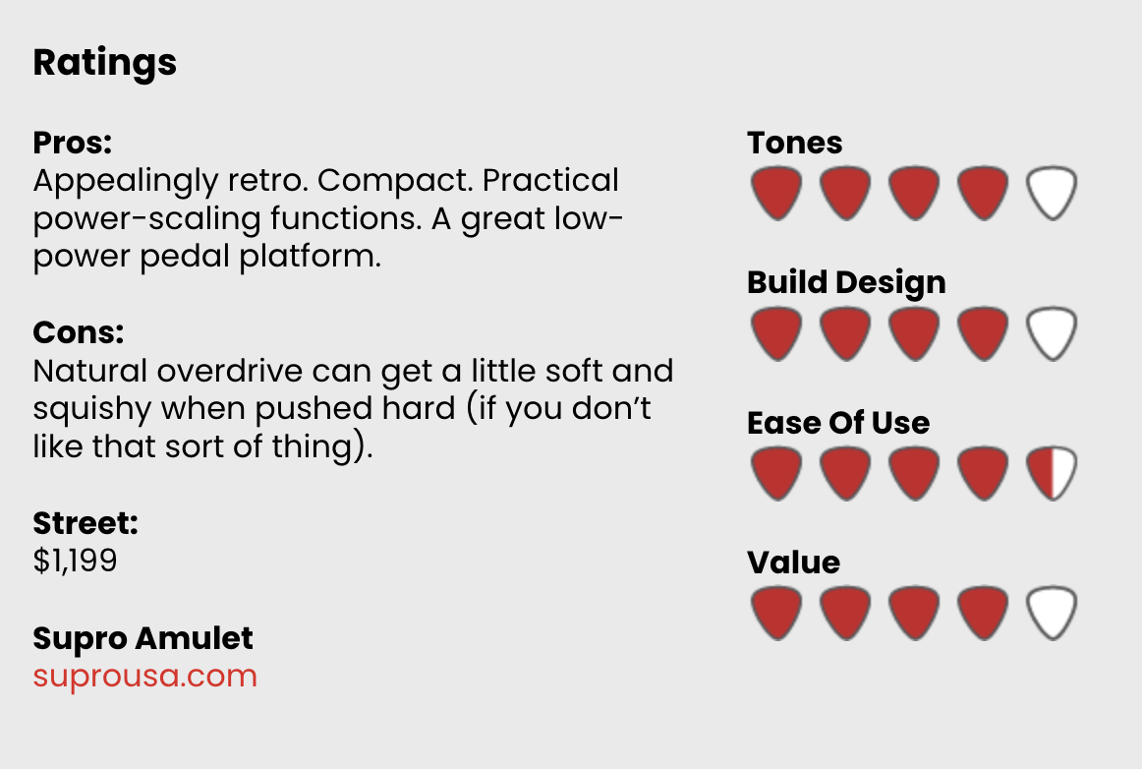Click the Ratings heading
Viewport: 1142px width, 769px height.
tap(105, 63)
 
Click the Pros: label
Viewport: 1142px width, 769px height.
tap(72, 143)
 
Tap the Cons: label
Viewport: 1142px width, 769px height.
tap(79, 332)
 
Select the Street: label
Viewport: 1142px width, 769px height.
tap(86, 523)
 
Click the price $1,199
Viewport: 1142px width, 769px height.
tap(75, 561)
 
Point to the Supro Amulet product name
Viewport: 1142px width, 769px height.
tap(143, 638)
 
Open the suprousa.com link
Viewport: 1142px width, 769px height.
tap(144, 677)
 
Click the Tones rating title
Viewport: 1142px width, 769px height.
tap(795, 143)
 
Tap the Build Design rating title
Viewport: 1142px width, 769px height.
tap(846, 283)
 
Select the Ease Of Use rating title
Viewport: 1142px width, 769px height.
tap(838, 423)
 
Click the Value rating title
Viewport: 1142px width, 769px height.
tap(793, 562)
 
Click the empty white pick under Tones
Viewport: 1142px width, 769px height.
tap(1052, 193)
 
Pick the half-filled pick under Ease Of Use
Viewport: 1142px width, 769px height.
tap(1052, 474)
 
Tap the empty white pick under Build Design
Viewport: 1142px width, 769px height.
tap(1052, 333)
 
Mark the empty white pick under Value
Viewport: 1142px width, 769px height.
tap(1052, 613)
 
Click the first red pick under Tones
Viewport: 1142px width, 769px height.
tap(776, 193)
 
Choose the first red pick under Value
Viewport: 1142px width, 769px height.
tap(776, 613)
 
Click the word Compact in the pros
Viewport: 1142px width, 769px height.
tap(394, 182)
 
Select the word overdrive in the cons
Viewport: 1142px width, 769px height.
tap(229, 371)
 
